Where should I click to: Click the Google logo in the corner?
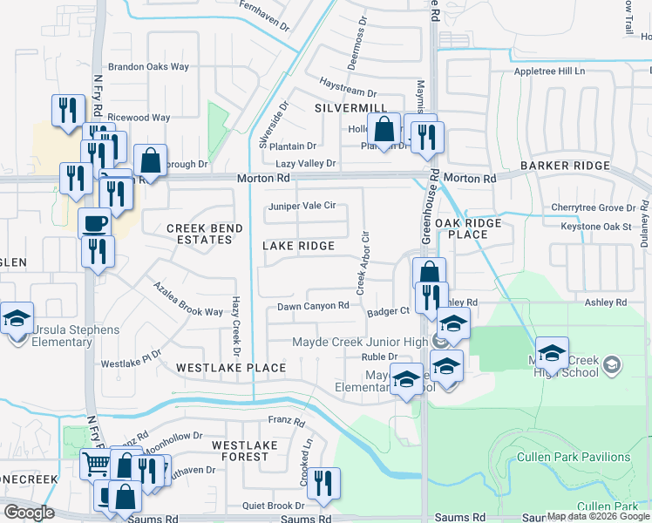click(x=30, y=513)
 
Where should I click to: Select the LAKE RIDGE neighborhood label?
click(x=298, y=246)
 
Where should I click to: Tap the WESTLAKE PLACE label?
click(x=231, y=368)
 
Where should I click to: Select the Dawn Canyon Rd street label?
click(x=313, y=306)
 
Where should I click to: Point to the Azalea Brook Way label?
click(x=187, y=300)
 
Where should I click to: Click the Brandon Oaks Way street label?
click(x=148, y=66)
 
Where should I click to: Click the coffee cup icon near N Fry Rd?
click(x=95, y=222)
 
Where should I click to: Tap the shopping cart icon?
click(x=96, y=464)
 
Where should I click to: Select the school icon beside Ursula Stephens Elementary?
click(x=17, y=318)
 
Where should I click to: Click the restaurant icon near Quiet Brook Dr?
click(x=323, y=482)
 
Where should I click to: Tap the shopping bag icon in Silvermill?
click(x=383, y=130)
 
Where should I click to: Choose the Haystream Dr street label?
click(x=347, y=92)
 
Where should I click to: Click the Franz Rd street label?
click(x=286, y=422)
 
